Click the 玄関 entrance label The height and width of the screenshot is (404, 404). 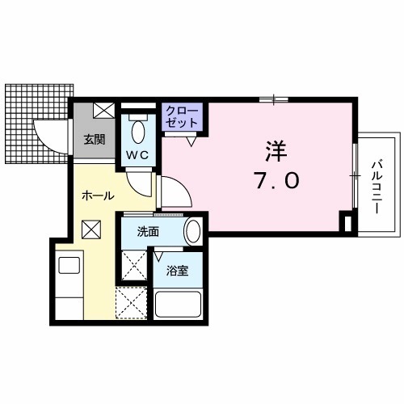coord(95,139)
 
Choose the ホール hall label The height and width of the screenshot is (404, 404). coord(98,196)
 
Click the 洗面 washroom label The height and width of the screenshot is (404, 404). coord(147,232)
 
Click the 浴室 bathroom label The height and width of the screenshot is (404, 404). coord(178,271)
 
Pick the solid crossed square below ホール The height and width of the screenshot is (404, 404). coord(92,230)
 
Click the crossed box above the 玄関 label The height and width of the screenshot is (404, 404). coord(103,111)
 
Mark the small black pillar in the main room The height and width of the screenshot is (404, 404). coord(347,222)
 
